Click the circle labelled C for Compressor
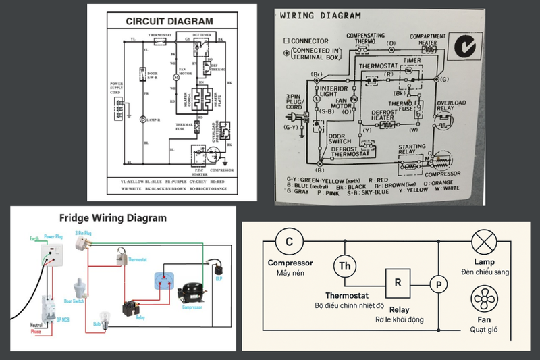pyautogui.click(x=289, y=241)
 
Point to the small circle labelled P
pyautogui.click(x=439, y=284)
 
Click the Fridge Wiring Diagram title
pyautogui.click(x=113, y=218)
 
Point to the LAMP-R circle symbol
pyautogui.click(x=142, y=120)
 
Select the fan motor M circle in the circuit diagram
pyautogui.click(x=176, y=76)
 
